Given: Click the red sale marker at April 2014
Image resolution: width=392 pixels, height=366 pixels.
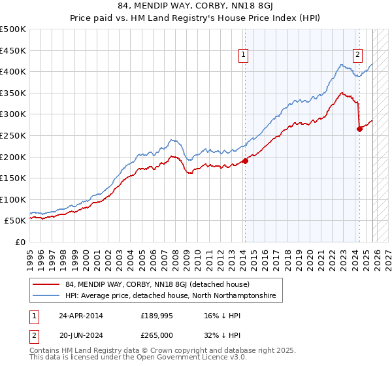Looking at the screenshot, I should point(245,160).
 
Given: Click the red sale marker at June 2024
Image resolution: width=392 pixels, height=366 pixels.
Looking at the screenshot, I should point(359,129).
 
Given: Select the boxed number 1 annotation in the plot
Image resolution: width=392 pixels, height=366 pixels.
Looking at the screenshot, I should point(243,56).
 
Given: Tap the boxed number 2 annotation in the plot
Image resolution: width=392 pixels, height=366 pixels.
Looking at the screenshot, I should point(358,56).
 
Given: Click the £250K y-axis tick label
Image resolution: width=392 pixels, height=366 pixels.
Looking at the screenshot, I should point(13,135).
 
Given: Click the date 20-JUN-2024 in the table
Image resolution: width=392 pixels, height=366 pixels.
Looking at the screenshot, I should point(80,335).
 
